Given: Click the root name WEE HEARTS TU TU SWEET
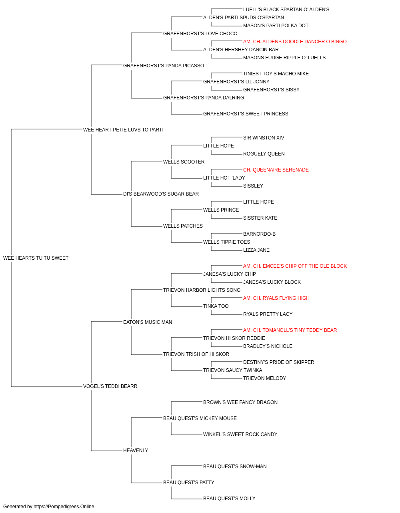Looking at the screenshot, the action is pos(36,258).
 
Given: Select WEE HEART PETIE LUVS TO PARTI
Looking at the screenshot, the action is pos(123,130).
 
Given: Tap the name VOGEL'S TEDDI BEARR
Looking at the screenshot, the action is pos(110,386).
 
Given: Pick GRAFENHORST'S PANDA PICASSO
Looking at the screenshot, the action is pos(164,66).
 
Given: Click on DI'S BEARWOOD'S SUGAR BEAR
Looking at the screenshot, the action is pos(161,194).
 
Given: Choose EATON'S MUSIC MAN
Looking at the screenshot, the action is pos(148,322).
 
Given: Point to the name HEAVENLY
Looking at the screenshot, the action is pos(136,450).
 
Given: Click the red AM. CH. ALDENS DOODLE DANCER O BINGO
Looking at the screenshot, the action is pos(295,42).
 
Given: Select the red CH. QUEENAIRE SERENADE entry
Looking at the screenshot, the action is pos(276,170).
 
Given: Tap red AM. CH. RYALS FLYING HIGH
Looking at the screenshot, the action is pos(276,298).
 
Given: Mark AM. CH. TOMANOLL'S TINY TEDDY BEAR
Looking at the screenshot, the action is pos(290,330).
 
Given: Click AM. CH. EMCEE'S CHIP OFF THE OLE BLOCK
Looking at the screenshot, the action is pos(295,266).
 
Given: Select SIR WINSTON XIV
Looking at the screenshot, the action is pos(264,138).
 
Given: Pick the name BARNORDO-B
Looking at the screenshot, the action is pos(259,234).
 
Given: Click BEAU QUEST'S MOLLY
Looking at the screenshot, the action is pos(229,499).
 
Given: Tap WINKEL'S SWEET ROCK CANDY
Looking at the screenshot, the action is pos(240,434).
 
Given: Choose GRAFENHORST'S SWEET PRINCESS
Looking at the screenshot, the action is pos(246,114).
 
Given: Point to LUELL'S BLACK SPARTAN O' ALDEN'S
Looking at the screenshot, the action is pos(286,10).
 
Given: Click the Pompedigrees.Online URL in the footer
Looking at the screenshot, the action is pos(64,507).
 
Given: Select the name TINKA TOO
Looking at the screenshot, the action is pos(216,306).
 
